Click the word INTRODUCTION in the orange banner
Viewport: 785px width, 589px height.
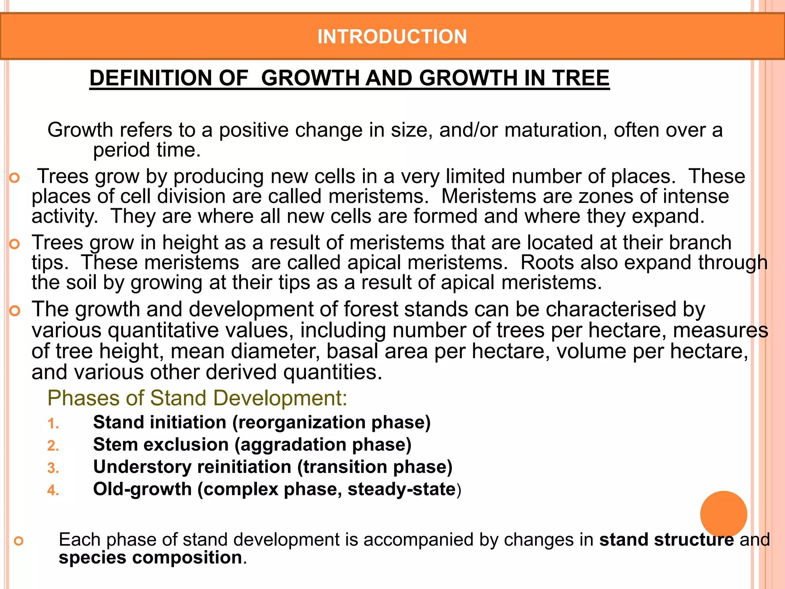pos(392,37)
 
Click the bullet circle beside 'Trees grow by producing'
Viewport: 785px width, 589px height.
pos(15,178)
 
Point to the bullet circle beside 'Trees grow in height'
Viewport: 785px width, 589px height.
pos(15,244)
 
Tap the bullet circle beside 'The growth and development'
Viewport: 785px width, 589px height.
pos(15,311)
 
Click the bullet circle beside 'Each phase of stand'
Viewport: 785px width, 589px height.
pos(18,541)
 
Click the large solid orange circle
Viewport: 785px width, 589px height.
pos(723,514)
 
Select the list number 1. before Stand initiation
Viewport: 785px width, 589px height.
pos(53,424)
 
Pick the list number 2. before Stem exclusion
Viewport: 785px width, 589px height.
pos(53,446)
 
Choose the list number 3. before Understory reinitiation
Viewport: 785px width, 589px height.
pos(53,468)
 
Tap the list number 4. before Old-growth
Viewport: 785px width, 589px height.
pos(53,490)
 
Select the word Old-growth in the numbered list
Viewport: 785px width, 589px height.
pos(142,489)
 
